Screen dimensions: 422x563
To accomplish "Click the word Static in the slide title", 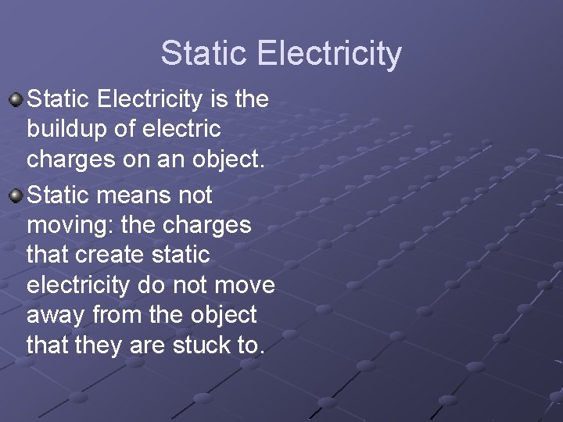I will coord(203,54).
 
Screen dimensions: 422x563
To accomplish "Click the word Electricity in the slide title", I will coord(328,54).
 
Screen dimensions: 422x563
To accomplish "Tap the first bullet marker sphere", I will coord(16,99).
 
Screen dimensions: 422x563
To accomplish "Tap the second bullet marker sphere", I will coord(16,193).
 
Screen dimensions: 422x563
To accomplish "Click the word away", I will coord(56,315).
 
